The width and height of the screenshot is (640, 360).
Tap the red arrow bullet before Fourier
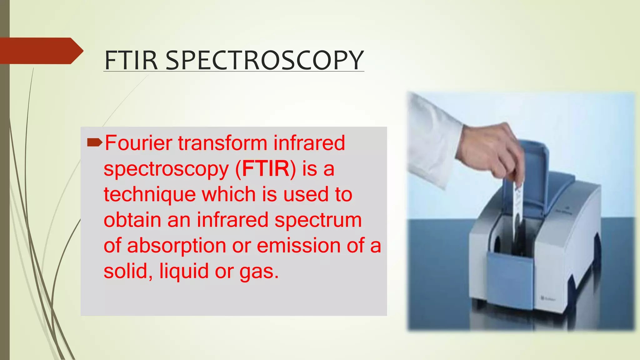[x=94, y=143]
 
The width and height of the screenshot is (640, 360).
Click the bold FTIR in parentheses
[x=266, y=169]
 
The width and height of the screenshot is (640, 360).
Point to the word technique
[x=149, y=194]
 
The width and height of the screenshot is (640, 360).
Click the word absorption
[x=177, y=246]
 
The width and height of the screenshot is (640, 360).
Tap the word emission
[x=298, y=246]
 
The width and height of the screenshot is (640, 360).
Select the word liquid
[x=184, y=271]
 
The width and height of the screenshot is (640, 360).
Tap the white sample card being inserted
[x=517, y=200]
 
